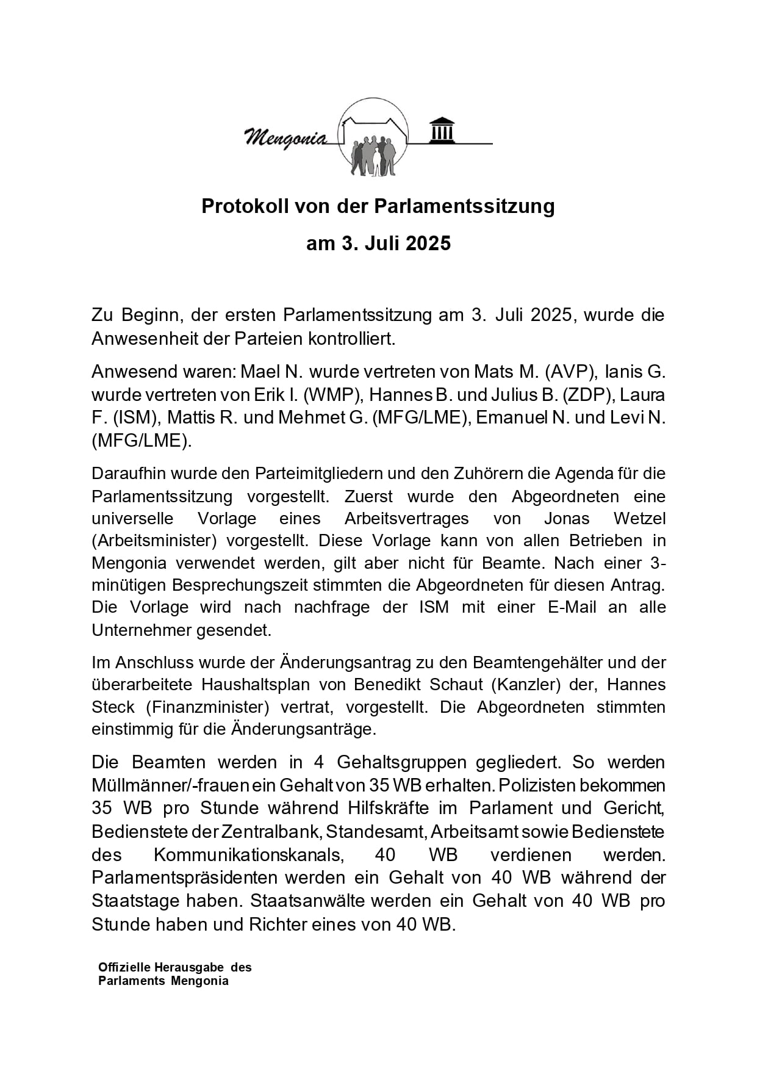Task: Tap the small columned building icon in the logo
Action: tap(442, 129)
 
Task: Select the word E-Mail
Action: tap(572, 607)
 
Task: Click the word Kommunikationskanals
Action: tap(248, 855)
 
